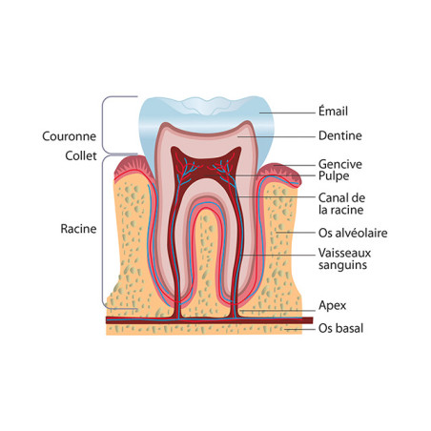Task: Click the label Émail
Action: tap(333, 112)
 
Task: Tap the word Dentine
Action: tap(340, 135)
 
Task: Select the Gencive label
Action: tap(340, 164)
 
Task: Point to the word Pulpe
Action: tap(334, 176)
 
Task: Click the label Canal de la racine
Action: tap(341, 204)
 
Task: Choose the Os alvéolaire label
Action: tap(353, 233)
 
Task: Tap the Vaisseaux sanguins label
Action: tap(344, 258)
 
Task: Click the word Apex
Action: tap(332, 306)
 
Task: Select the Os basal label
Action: tap(340, 328)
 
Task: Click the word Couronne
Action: tap(69, 136)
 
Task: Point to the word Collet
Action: tap(81, 155)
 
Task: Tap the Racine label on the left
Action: tap(78, 229)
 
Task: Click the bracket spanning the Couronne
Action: tap(103, 125)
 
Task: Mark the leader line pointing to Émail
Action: tap(287, 113)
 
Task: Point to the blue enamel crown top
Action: tap(207, 110)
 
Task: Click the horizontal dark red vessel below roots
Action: tap(210, 320)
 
